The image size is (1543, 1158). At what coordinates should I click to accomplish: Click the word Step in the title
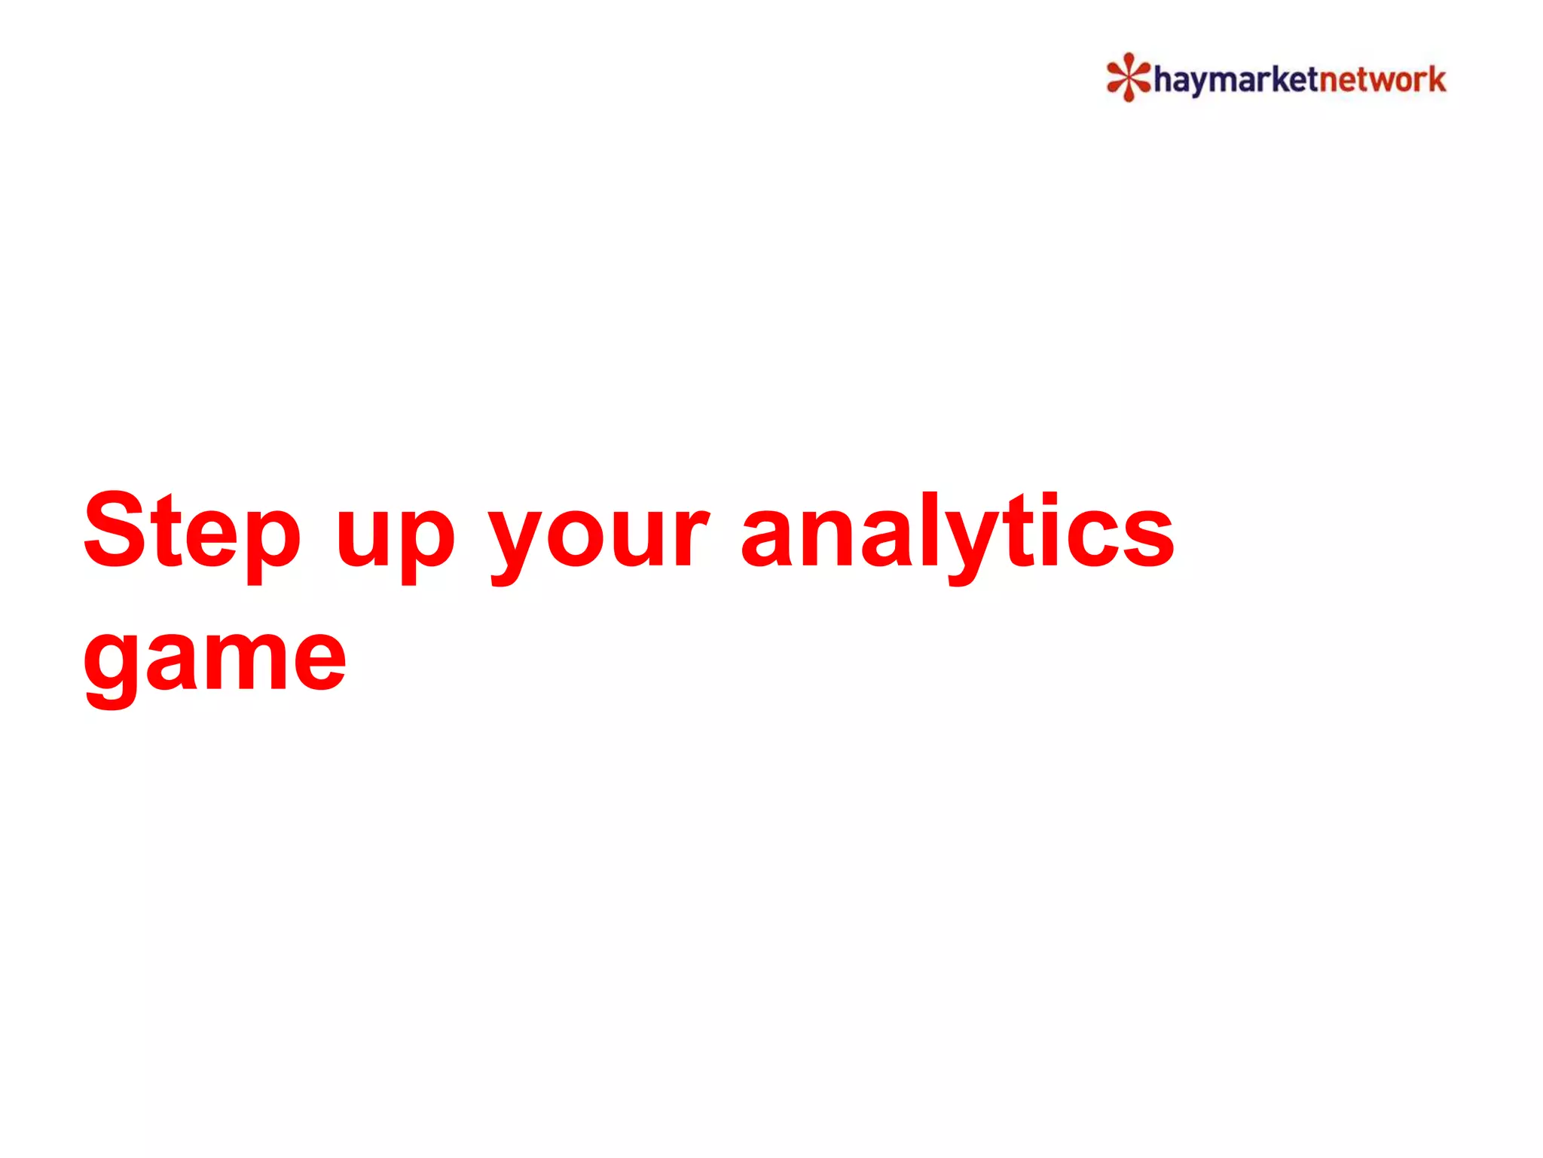click(192, 532)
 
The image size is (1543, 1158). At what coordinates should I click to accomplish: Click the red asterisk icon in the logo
click(1128, 77)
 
